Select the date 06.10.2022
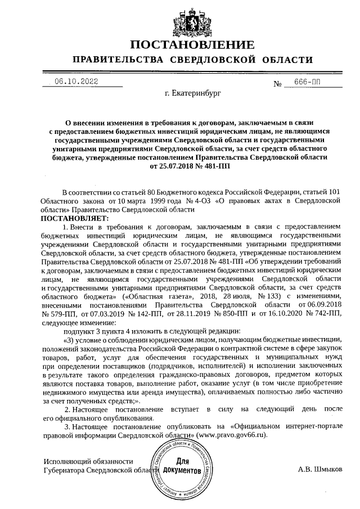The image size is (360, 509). pos(76,82)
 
